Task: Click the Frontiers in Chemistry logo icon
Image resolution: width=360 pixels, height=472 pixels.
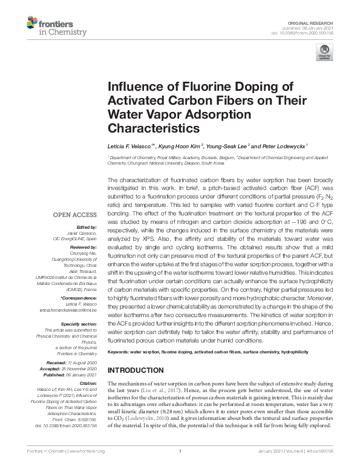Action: [x=34, y=24]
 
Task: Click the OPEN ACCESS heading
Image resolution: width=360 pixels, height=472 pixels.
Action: [x=74, y=214]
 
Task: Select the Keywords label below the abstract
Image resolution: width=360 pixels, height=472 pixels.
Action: [x=120, y=352]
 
